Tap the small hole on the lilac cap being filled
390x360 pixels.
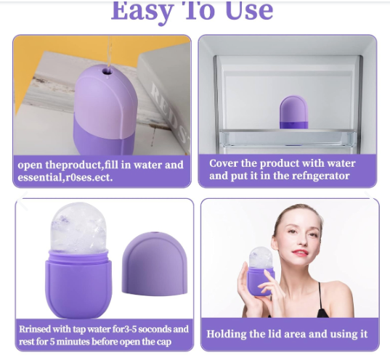click(107, 72)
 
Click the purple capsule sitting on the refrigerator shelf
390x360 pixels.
click(293, 112)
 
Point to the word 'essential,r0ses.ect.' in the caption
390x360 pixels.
click(65, 177)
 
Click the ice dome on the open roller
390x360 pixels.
click(78, 228)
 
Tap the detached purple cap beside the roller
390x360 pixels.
click(155, 264)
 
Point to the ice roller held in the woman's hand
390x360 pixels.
click(261, 271)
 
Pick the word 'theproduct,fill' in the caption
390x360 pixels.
click(82, 165)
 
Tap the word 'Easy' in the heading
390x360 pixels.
click(142, 12)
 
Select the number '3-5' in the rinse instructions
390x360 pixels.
click(130, 329)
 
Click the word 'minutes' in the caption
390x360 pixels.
click(73, 341)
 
